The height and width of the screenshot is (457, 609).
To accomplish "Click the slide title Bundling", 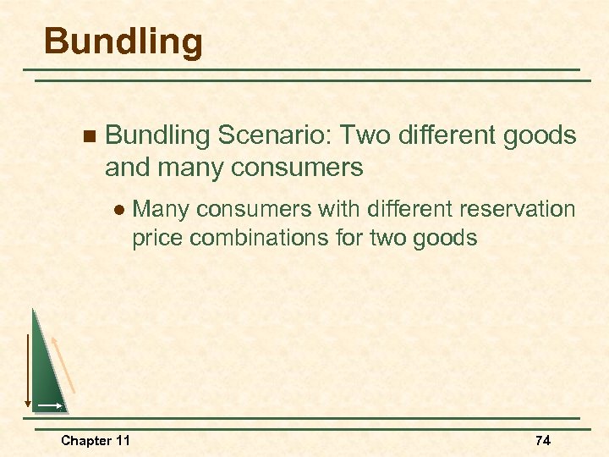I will [x=123, y=41].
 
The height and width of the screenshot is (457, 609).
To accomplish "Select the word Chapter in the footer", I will [x=85, y=440].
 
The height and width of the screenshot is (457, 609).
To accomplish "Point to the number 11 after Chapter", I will [x=123, y=440].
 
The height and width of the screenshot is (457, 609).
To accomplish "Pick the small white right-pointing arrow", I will [x=49, y=406].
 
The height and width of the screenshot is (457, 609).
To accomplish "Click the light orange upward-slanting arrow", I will [x=64, y=363].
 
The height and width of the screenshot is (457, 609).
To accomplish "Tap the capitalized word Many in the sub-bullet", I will [x=161, y=209].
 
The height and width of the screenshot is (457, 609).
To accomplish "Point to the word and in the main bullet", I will [x=127, y=168].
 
